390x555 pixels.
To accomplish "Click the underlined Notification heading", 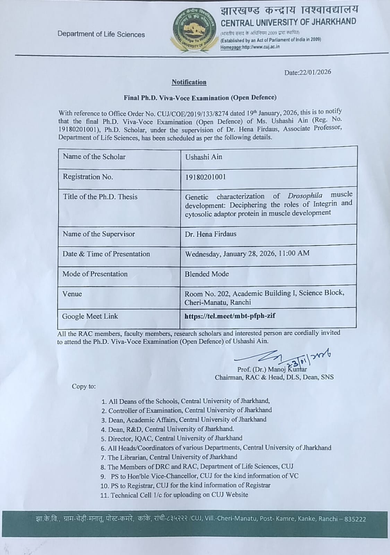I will pyautogui.click(x=189, y=82).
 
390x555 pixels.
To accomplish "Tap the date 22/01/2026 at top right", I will pyautogui.click(x=307, y=72).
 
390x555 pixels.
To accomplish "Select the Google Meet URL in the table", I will pyautogui.click(x=230, y=316).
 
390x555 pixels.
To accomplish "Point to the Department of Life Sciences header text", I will pyautogui.click(x=101, y=34).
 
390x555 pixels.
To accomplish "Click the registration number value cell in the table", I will pyautogui.click(x=205, y=177).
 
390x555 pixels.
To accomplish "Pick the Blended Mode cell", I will pyautogui.click(x=207, y=274).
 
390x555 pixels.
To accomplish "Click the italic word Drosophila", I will pyautogui.click(x=305, y=196).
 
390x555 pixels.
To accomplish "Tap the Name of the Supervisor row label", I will pyautogui.click(x=99, y=234).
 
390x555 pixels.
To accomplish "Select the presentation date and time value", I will pyautogui.click(x=247, y=254).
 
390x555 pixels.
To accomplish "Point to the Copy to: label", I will pyautogui.click(x=84, y=386).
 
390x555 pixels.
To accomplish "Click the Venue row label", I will pyautogui.click(x=72, y=294).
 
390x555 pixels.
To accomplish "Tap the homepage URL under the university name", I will pyautogui.click(x=250, y=47).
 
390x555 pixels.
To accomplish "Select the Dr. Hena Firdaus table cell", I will pyautogui.click(x=210, y=234).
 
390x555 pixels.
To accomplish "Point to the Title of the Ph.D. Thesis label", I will pyautogui.click(x=100, y=197).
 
